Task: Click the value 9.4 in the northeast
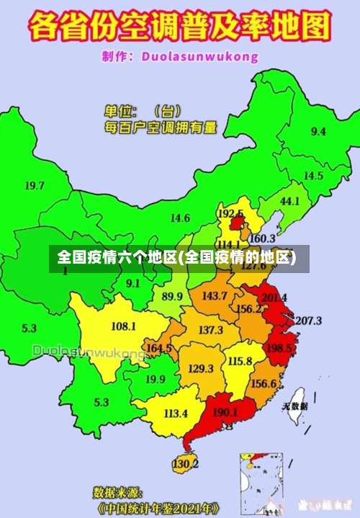[318, 132]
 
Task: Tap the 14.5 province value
[312, 176]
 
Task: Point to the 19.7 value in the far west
[35, 186]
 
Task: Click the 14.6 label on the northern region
[180, 218]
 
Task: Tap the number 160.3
[262, 238]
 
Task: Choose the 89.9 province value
[171, 296]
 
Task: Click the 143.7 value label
[215, 295]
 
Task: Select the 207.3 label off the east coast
[308, 321]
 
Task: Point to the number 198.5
[279, 349]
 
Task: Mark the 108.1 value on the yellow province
[123, 326]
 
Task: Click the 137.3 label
[210, 330]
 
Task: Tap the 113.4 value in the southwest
[176, 414]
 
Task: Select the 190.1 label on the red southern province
[225, 413]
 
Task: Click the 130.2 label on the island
[185, 463]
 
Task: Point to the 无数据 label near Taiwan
[294, 406]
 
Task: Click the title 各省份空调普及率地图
[179, 27]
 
